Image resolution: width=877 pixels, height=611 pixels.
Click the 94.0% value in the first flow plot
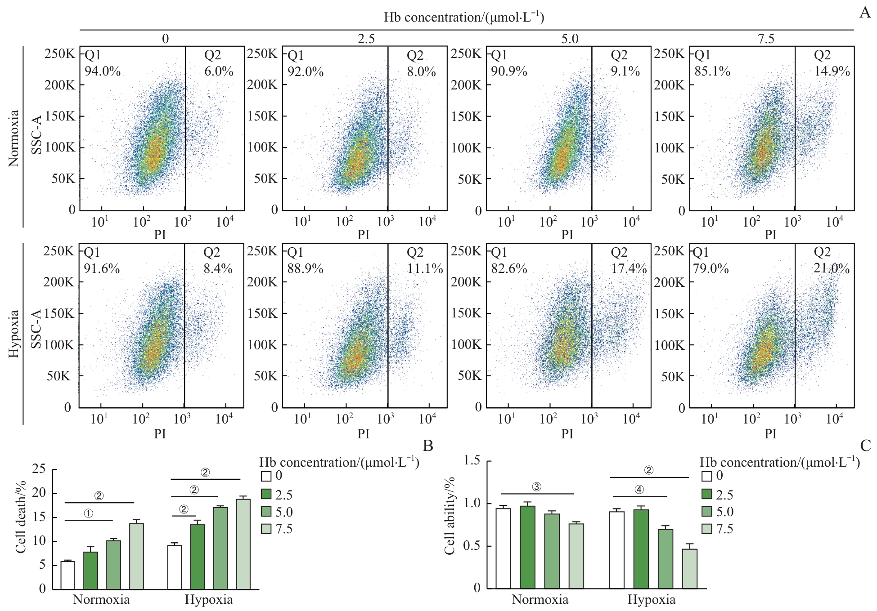[x=103, y=71]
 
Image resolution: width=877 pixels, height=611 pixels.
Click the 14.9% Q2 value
[x=832, y=71]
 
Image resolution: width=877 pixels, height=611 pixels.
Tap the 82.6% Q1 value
[x=509, y=269]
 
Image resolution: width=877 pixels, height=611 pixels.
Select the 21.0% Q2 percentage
[x=832, y=269]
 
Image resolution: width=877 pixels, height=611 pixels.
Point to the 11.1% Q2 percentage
[x=425, y=269]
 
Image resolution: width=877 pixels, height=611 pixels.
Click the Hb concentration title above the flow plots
[x=463, y=17]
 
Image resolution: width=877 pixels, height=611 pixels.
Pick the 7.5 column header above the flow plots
[x=766, y=39]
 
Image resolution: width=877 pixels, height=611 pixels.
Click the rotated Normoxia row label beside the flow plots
[x=14, y=138]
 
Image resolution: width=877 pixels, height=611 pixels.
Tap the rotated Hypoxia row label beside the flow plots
[x=14, y=334]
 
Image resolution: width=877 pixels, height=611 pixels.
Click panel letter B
[x=428, y=446]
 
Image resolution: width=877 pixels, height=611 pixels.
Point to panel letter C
[x=865, y=446]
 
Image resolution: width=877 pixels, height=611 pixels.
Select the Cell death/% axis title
[x=21, y=517]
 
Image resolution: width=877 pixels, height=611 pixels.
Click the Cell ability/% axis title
[x=450, y=516]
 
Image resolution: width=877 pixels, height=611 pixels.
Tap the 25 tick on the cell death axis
[x=39, y=469]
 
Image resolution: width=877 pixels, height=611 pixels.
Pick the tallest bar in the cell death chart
[x=243, y=544]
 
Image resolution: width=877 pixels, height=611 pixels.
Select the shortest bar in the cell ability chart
[x=689, y=569]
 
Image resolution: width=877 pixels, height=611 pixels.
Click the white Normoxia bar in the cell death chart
[x=68, y=575]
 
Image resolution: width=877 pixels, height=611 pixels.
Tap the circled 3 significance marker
[x=536, y=487]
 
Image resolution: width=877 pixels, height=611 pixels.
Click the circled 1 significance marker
[x=89, y=513]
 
